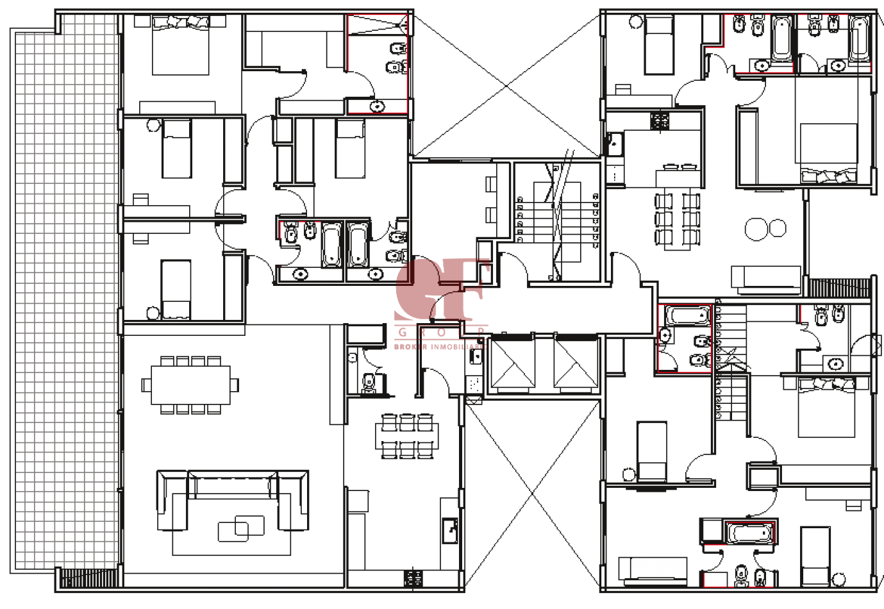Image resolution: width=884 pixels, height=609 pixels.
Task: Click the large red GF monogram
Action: pyautogui.click(x=441, y=290)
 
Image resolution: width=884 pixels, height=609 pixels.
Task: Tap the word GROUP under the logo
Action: pyautogui.click(x=441, y=332)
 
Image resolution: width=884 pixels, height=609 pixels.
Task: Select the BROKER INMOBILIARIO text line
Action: pyautogui.click(x=441, y=346)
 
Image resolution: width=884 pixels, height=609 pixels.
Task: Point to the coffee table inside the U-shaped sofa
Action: pyautogui.click(x=241, y=528)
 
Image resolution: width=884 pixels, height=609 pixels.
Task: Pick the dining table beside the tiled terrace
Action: pyautogui.click(x=190, y=385)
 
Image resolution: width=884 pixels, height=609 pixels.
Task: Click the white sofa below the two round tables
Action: pyautogui.click(x=767, y=277)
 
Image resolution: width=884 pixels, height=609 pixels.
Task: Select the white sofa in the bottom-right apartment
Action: pyautogui.click(x=653, y=569)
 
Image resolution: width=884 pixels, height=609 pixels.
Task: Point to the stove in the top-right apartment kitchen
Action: pyautogui.click(x=660, y=121)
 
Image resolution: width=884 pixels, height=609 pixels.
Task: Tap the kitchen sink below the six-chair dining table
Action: pyautogui.click(x=450, y=530)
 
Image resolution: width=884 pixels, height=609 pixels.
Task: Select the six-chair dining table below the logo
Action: pyautogui.click(x=408, y=436)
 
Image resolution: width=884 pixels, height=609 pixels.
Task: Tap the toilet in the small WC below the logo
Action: pyautogui.click(x=369, y=383)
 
